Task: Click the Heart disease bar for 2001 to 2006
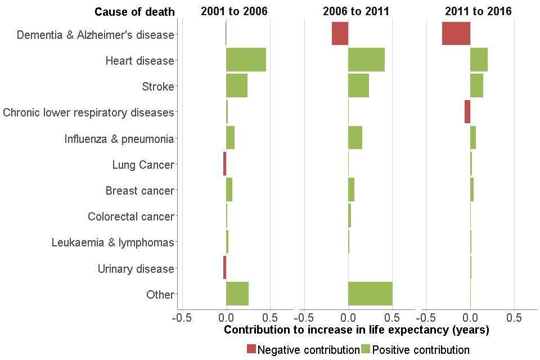(246, 60)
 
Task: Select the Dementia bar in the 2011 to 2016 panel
(456, 34)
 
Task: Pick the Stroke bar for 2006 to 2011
(358, 85)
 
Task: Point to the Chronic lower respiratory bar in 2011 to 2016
(467, 112)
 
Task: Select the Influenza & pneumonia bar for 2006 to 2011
(355, 138)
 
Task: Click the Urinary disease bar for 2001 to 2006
(224, 268)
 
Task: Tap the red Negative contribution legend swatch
(251, 349)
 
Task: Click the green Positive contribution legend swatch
(366, 349)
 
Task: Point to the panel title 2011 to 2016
(478, 11)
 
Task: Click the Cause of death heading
(134, 12)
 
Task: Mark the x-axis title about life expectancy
(356, 330)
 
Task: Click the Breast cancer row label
(140, 191)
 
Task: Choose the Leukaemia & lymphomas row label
(112, 242)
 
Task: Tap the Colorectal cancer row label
(131, 217)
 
